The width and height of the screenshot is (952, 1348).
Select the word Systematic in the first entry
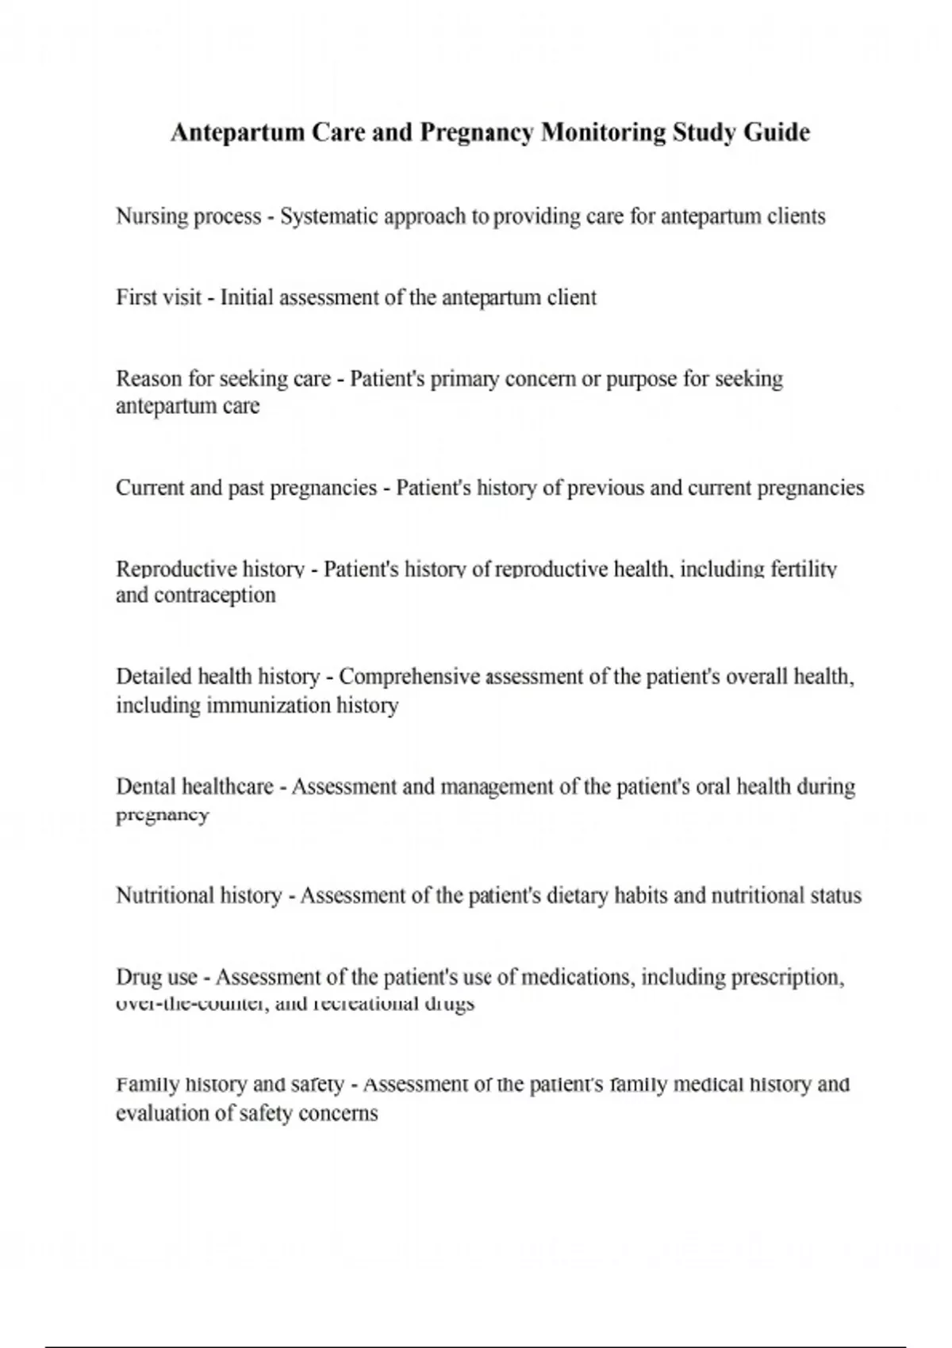coord(328,216)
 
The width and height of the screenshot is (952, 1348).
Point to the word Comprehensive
coord(409,676)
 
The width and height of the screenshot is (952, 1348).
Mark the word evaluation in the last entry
coord(163,1112)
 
